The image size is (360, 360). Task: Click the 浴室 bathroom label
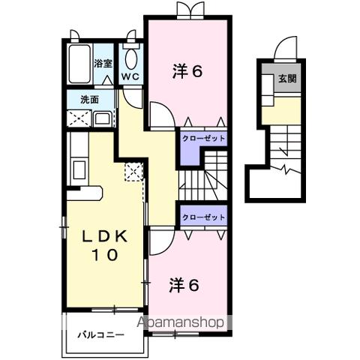pyautogui.click(x=103, y=64)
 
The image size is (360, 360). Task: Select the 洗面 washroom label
pyautogui.click(x=90, y=99)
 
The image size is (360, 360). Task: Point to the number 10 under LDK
pyautogui.click(x=105, y=256)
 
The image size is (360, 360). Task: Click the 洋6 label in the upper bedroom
pyautogui.click(x=188, y=73)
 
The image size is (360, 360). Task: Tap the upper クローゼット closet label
pyautogui.click(x=202, y=139)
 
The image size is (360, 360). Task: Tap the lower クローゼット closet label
pyautogui.click(x=202, y=217)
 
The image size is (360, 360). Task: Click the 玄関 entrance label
pyautogui.click(x=287, y=78)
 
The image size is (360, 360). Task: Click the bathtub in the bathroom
pyautogui.click(x=78, y=64)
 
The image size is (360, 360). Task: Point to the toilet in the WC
pyautogui.click(x=130, y=59)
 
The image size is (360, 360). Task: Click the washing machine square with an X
pyautogui.click(x=77, y=117)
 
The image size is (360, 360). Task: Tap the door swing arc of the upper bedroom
pyautogui.click(x=160, y=116)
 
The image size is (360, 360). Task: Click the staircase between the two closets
pyautogui.click(x=204, y=178)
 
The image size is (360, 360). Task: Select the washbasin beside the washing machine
pyautogui.click(x=103, y=117)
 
